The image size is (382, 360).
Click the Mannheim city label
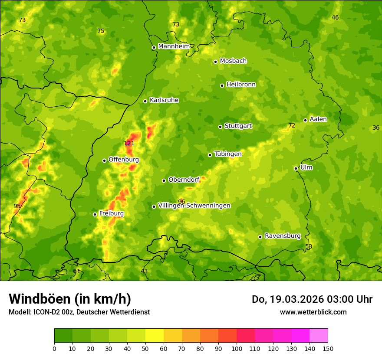click(x=174, y=46)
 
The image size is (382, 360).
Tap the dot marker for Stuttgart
click(x=220, y=127)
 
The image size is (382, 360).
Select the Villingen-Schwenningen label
click(x=194, y=206)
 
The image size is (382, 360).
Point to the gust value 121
click(x=129, y=144)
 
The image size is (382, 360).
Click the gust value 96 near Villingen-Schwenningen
click(x=181, y=202)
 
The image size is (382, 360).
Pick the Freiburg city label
click(x=111, y=213)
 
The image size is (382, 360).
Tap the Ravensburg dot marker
click(x=260, y=237)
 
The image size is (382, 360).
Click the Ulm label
click(x=306, y=167)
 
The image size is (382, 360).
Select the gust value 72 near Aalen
click(x=291, y=126)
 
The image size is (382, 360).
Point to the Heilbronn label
click(x=241, y=85)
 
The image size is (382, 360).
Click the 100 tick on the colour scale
click(x=237, y=348)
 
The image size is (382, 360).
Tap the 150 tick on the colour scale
click(x=328, y=348)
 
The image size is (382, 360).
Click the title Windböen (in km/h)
click(x=70, y=299)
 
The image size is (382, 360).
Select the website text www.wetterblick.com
click(x=313, y=312)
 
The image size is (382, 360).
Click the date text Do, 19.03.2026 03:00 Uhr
click(x=312, y=299)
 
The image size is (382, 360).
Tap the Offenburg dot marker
click(x=104, y=160)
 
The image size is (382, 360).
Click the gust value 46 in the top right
click(x=335, y=18)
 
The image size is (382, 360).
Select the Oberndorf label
click(x=184, y=180)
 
